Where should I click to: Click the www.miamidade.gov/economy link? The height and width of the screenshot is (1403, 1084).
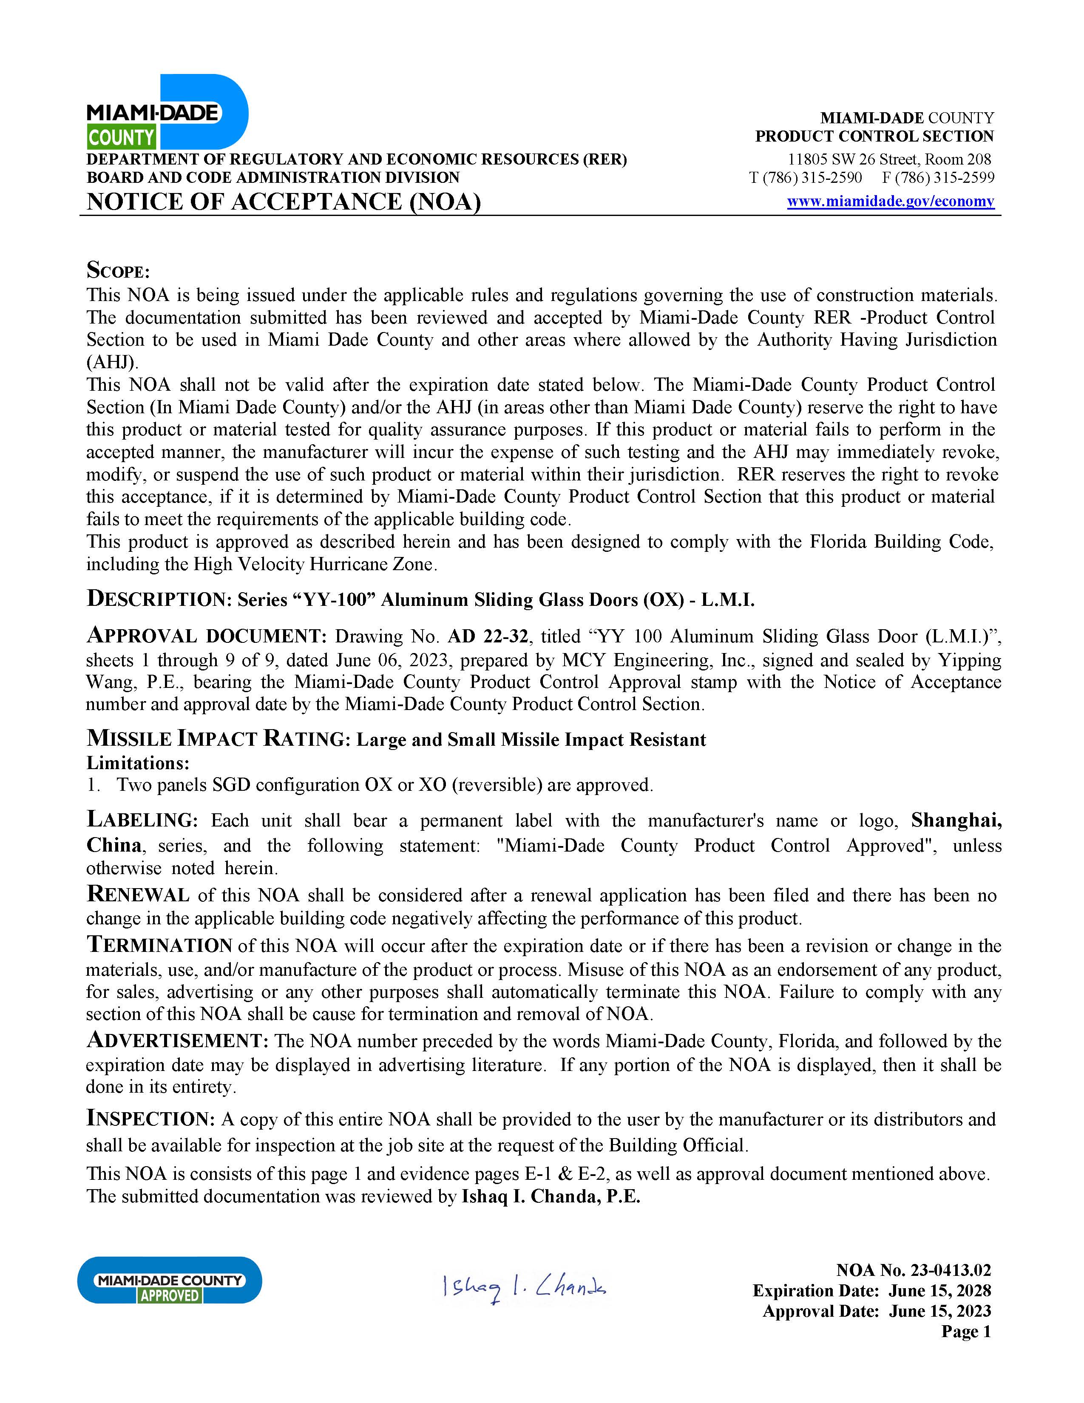tap(890, 202)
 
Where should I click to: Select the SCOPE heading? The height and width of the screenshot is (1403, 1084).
tap(118, 270)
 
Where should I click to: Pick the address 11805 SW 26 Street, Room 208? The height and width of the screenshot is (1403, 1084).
tap(889, 159)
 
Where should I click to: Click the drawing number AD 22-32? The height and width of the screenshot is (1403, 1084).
tap(488, 636)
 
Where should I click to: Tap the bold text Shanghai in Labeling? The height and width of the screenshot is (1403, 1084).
tap(956, 821)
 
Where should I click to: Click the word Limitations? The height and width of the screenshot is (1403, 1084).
tap(138, 763)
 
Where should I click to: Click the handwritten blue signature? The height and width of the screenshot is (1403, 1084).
tap(523, 1287)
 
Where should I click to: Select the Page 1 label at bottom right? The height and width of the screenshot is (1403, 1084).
tap(966, 1331)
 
